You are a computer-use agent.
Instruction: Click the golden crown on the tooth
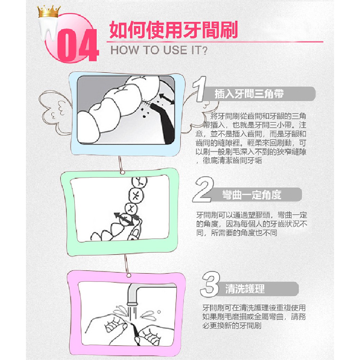coord(49,12)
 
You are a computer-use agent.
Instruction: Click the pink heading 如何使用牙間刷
coord(174,30)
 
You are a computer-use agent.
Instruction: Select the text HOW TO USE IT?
coord(159,50)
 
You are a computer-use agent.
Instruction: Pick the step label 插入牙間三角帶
coord(249,94)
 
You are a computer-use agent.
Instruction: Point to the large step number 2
coord(203,190)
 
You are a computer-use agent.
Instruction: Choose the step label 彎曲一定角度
coord(252,195)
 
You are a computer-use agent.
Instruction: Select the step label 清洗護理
coord(245,289)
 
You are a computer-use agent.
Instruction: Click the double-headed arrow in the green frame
coord(123,219)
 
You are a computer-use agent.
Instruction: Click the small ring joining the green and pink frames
coord(129,275)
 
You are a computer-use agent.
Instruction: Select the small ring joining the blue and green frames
coord(123,172)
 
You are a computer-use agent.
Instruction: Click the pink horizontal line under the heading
coord(215,42)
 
